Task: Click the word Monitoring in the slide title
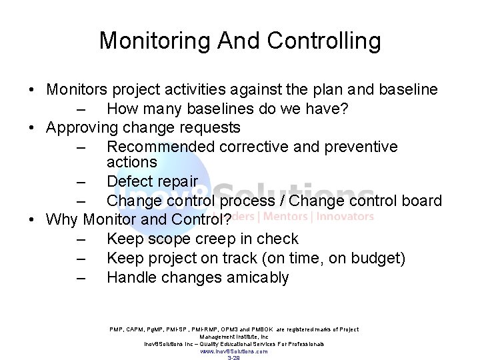[154, 41]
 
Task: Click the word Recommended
[155, 146]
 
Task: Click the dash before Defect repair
[82, 182]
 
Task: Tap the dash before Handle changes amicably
[82, 278]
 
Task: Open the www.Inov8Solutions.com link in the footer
[234, 351]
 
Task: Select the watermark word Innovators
[345, 216]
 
